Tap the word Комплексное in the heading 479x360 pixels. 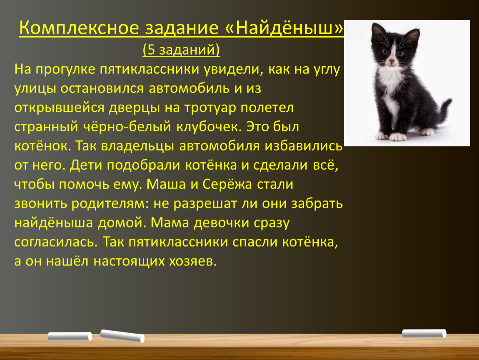click(79, 28)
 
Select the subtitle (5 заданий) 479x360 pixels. click(181, 50)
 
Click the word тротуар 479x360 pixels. click(208, 107)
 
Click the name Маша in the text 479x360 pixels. click(166, 184)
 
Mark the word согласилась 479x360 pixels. click(56, 242)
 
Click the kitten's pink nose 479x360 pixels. click(392, 62)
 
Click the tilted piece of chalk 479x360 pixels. click(122, 336)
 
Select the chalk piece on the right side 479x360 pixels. click(424, 333)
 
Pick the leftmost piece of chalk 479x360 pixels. click(70, 336)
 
